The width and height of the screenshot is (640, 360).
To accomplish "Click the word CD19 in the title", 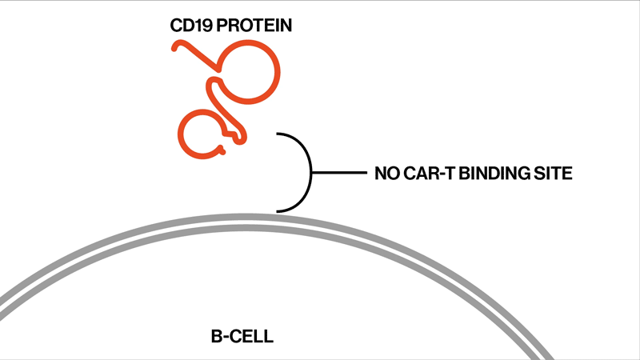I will pos(189,26).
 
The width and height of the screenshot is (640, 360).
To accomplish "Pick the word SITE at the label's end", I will pos(555,173).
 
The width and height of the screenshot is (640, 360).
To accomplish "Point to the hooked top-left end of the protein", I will pos(175,46).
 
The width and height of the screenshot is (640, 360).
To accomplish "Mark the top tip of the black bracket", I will pos(278,134).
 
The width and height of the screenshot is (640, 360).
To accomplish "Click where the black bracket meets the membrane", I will pos(278,211).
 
